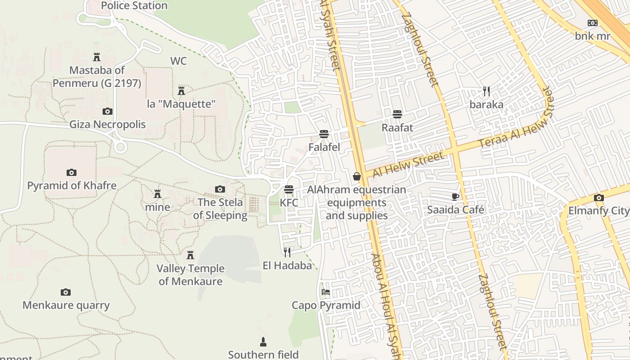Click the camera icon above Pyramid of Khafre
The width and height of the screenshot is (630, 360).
click(71, 172)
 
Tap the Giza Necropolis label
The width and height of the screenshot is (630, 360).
click(108, 124)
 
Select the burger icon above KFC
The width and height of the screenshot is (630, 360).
click(289, 189)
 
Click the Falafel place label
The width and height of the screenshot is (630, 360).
click(324, 147)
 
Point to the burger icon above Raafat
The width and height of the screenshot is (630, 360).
click(397, 114)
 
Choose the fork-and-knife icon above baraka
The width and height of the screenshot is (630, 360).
click(486, 91)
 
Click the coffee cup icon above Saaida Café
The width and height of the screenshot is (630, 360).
click(455, 197)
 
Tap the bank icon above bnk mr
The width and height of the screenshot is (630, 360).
click(593, 23)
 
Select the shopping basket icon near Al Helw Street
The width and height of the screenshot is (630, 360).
click(357, 176)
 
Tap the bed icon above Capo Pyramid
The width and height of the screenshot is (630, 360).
click(326, 292)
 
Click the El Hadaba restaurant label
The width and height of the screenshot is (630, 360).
click(287, 265)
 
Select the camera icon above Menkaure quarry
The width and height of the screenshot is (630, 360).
click(66, 292)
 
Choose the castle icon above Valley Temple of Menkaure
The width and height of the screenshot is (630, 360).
click(190, 255)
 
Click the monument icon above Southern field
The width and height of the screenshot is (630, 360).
click(263, 342)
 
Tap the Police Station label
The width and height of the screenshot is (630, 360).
click(134, 6)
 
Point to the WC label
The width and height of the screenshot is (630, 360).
click(178, 61)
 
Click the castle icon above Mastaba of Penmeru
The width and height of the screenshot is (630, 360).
click(96, 57)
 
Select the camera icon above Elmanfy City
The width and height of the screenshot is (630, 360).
click(598, 198)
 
